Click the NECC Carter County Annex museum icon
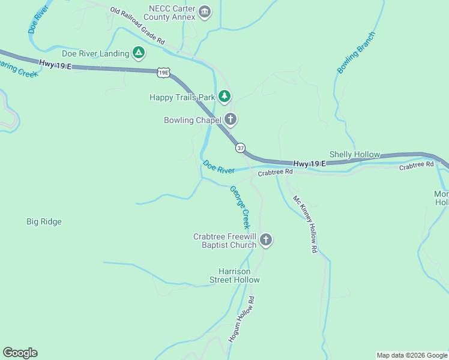pos(205,12)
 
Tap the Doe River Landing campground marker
pos(139,53)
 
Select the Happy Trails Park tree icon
pos(224,96)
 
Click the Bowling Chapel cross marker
pos(230,119)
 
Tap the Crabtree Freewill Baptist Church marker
pos(266,241)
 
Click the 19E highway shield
pos(163,73)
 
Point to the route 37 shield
pos(240,148)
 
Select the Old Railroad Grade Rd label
pos(137,26)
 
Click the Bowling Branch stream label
pos(356,52)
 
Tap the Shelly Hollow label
pos(355,154)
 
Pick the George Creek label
pos(240,208)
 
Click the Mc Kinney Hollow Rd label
pos(305,224)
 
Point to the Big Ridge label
pos(44,221)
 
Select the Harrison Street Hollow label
pos(235,275)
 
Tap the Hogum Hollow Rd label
pos(241,319)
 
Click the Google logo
pos(20,353)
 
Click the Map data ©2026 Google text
pos(412,355)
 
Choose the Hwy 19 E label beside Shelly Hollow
pos(309,163)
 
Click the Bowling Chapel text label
pos(192,120)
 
